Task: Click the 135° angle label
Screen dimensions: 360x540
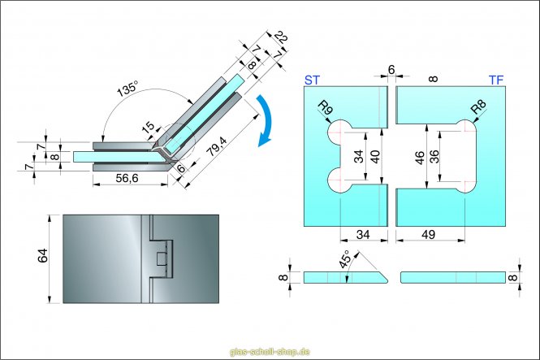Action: [127, 90]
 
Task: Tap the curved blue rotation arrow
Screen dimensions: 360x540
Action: [266, 121]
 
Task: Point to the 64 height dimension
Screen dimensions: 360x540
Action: [43, 258]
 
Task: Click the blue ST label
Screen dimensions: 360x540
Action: [312, 80]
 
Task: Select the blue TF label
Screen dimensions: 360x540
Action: [496, 80]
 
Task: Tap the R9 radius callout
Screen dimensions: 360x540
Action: [326, 109]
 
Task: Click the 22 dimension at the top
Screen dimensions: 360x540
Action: [281, 37]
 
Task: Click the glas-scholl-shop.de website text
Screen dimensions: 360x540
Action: [270, 351]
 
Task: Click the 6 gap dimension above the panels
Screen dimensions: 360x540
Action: [391, 70]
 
